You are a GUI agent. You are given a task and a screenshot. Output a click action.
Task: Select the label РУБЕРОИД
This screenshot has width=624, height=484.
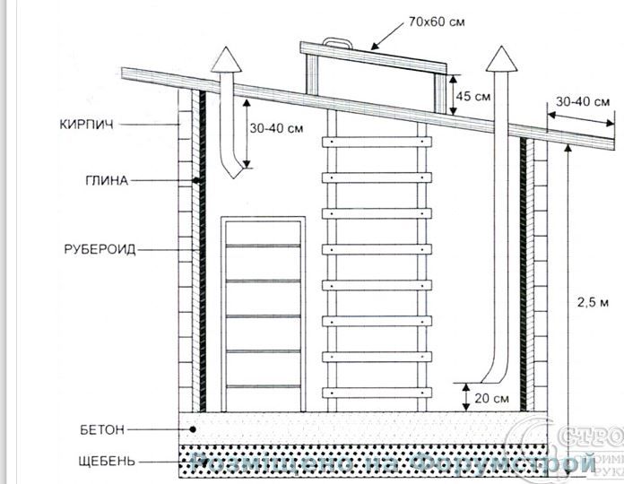(100, 249)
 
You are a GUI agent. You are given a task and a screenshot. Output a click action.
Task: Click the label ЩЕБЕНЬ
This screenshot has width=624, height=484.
(107, 462)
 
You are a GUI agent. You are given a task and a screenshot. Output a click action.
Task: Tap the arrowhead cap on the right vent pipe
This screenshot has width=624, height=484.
(498, 62)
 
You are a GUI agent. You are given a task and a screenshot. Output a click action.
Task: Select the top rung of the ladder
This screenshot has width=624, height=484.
(377, 141)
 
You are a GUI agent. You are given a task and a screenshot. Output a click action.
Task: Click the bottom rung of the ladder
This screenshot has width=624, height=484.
(377, 392)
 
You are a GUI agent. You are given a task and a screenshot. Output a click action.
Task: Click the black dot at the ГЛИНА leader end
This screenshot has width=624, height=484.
(195, 181)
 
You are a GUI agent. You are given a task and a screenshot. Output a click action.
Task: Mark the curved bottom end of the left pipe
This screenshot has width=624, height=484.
(233, 169)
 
